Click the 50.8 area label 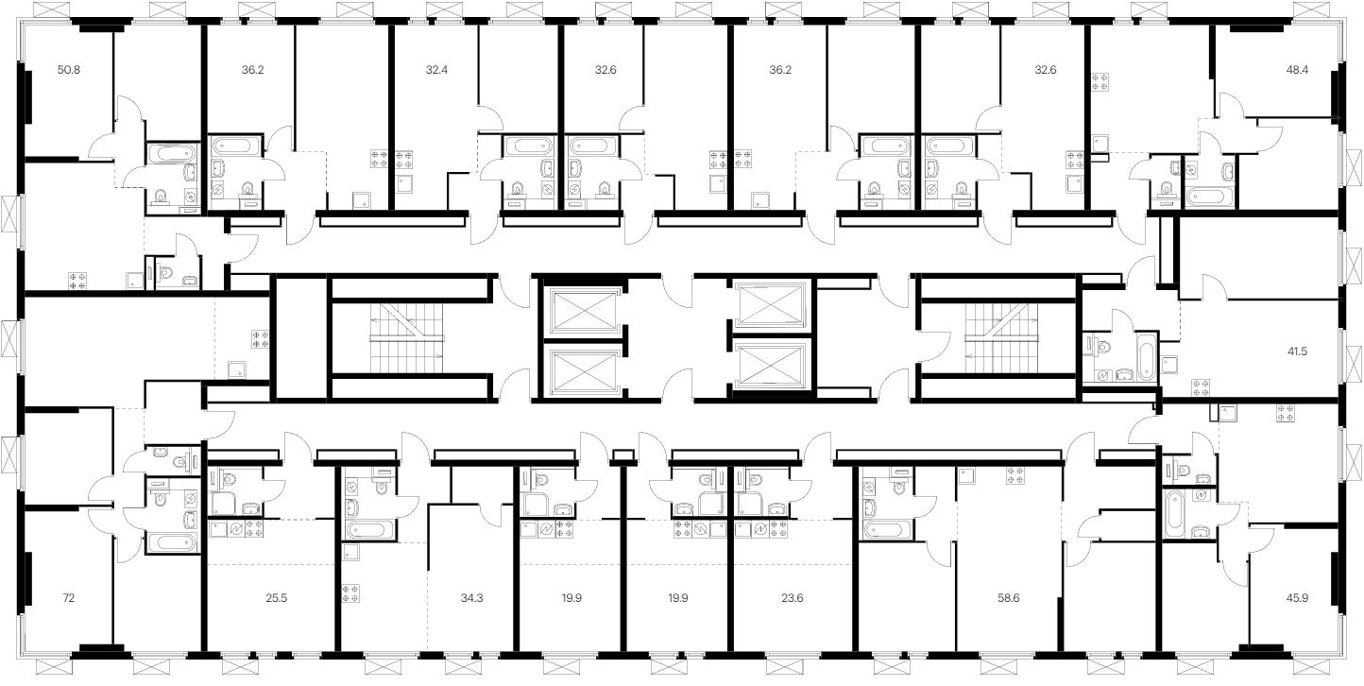[x=68, y=69]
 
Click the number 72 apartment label [x=68, y=598]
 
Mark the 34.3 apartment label [x=469, y=598]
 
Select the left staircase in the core [x=411, y=338]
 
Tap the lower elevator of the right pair [x=771, y=368]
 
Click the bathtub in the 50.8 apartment [x=171, y=154]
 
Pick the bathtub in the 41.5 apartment [x=1145, y=356]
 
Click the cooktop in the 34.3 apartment [x=350, y=593]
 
